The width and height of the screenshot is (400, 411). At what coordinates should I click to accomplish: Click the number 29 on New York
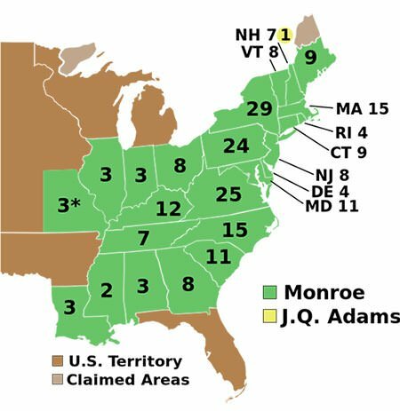[x=259, y=111]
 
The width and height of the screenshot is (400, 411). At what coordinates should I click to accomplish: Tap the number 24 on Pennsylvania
[x=236, y=146]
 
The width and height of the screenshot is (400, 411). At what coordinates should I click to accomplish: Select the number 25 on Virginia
[x=228, y=193]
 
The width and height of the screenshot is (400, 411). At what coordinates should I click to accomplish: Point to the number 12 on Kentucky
[x=169, y=209]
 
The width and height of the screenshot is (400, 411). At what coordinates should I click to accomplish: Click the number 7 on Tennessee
[x=143, y=238]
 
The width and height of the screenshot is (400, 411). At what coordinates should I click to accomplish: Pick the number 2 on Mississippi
[x=107, y=290]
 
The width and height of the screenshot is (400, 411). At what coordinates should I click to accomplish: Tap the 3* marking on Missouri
[x=69, y=205]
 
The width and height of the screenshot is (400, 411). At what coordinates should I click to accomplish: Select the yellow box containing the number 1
[x=284, y=35]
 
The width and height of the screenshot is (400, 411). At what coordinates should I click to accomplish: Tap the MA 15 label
[x=363, y=109]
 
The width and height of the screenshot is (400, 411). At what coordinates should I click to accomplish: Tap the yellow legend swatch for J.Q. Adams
[x=271, y=316]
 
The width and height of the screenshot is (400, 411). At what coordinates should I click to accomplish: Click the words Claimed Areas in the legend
[x=128, y=380]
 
